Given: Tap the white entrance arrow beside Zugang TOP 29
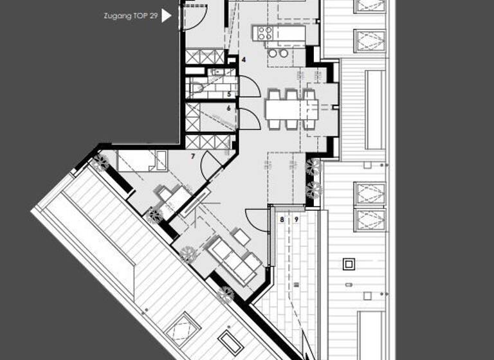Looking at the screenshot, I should [x=167, y=15].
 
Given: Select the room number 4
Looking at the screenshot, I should [x=243, y=60].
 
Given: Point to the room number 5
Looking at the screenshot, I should [x=228, y=94].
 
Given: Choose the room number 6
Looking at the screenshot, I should [x=228, y=109].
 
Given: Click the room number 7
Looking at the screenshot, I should [x=192, y=156].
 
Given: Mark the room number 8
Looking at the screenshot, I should [x=281, y=220].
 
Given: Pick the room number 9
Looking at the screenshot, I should [x=296, y=220].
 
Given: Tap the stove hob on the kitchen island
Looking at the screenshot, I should [x=266, y=32].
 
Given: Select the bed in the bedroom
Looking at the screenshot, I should [x=142, y=161].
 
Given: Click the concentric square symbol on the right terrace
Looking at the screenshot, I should [x=349, y=264].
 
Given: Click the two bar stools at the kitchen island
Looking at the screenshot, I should [x=278, y=54].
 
